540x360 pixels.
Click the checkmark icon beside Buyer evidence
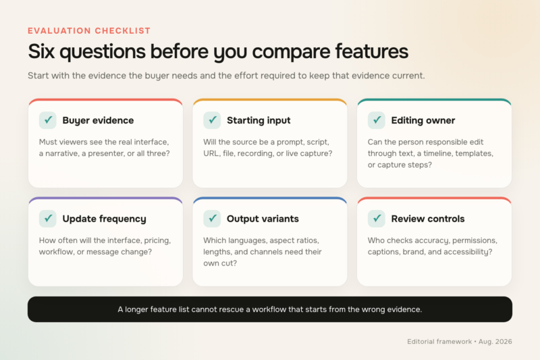pos(48,120)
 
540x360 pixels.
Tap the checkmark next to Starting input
pos(212,120)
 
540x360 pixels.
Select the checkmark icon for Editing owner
pos(377,120)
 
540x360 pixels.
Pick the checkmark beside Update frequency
pos(48,218)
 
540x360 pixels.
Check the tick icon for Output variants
pos(212,218)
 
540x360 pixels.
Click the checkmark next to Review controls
pos(377,218)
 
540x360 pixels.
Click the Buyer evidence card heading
pos(98,121)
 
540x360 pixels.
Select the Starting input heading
pos(259,121)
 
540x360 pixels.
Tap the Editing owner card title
pos(423,121)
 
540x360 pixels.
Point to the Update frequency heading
pos(105,219)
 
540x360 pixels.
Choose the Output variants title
pos(263,219)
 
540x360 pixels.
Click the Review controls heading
pos(428,219)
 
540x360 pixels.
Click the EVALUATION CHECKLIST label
pos(89,30)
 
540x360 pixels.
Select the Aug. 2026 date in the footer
pos(495,342)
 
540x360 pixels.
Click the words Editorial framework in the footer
pos(439,342)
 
